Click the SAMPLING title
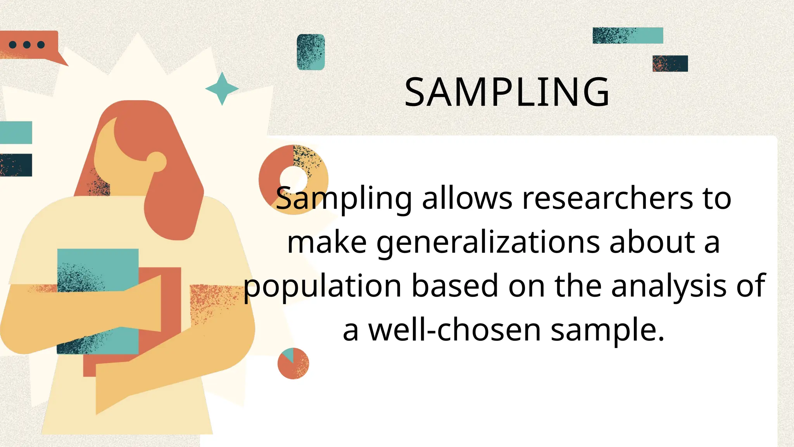click(x=507, y=92)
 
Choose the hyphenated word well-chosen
click(x=454, y=330)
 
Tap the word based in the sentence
click(x=454, y=286)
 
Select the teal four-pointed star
click(x=222, y=88)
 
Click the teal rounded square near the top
click(x=311, y=52)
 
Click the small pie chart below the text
click(x=293, y=364)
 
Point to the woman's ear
click(x=157, y=161)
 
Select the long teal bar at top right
click(x=628, y=35)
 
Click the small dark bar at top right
click(x=670, y=64)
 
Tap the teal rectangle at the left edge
click(x=16, y=132)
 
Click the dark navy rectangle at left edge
click(x=16, y=165)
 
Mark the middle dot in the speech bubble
click(x=27, y=45)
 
